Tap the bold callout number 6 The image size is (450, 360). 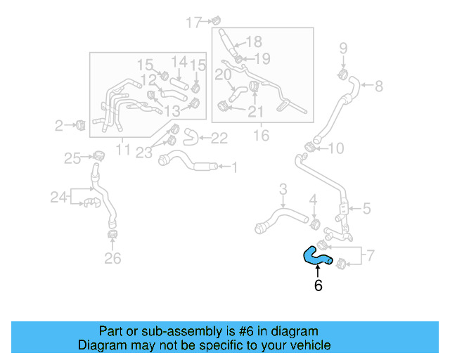[x=318, y=286]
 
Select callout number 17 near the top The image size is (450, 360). [x=193, y=23]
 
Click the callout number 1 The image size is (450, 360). [x=234, y=167]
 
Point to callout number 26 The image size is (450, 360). [x=112, y=259]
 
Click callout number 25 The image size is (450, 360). [x=73, y=159]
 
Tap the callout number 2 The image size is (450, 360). [x=59, y=126]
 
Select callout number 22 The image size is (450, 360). [x=219, y=139]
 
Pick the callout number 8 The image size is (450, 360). [x=379, y=86]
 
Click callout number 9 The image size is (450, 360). [x=344, y=49]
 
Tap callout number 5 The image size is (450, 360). [x=366, y=208]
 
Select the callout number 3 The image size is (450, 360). [x=283, y=188]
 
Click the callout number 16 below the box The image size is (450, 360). [x=261, y=136]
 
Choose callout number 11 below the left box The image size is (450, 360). [x=123, y=149]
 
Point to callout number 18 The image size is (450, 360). [x=253, y=41]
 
